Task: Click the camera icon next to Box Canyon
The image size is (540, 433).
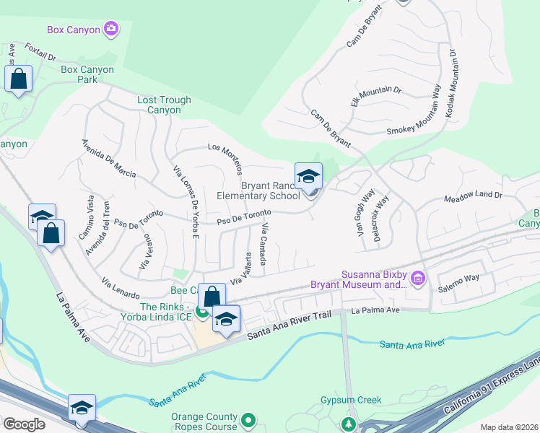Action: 111,29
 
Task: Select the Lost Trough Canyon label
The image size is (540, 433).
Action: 165,105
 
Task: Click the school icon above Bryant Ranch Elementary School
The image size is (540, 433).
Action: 308,176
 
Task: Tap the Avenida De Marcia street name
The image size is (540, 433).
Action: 109,158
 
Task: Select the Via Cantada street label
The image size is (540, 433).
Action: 265,248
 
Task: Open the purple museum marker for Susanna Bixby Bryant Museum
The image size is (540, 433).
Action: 418,278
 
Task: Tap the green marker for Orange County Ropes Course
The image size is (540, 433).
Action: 249,419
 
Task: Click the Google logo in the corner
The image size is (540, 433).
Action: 24,424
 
